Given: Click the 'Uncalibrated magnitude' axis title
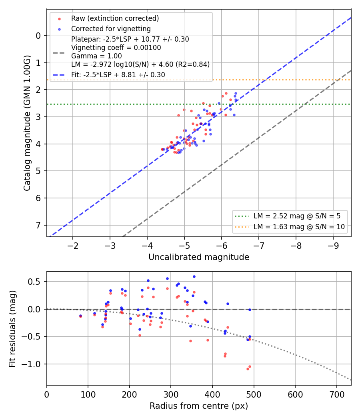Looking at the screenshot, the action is (199, 257).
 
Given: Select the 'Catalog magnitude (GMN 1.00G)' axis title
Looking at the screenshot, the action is (27, 123).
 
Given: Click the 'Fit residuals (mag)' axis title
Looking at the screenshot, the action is (12, 329).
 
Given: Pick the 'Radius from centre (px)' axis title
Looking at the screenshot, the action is (199, 406).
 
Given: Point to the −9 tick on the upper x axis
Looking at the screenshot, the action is (333, 245).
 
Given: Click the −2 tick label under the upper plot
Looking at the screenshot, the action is (72, 245).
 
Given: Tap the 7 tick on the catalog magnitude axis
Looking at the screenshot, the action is (38, 225).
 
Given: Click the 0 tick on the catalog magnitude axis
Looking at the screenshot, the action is (38, 36).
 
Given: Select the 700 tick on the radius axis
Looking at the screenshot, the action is (336, 394).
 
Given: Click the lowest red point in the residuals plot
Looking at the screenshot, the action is (248, 369).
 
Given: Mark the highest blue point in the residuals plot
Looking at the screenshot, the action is (194, 277).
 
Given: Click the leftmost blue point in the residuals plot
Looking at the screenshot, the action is (81, 316).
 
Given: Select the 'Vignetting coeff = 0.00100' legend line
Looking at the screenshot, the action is (116, 48).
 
